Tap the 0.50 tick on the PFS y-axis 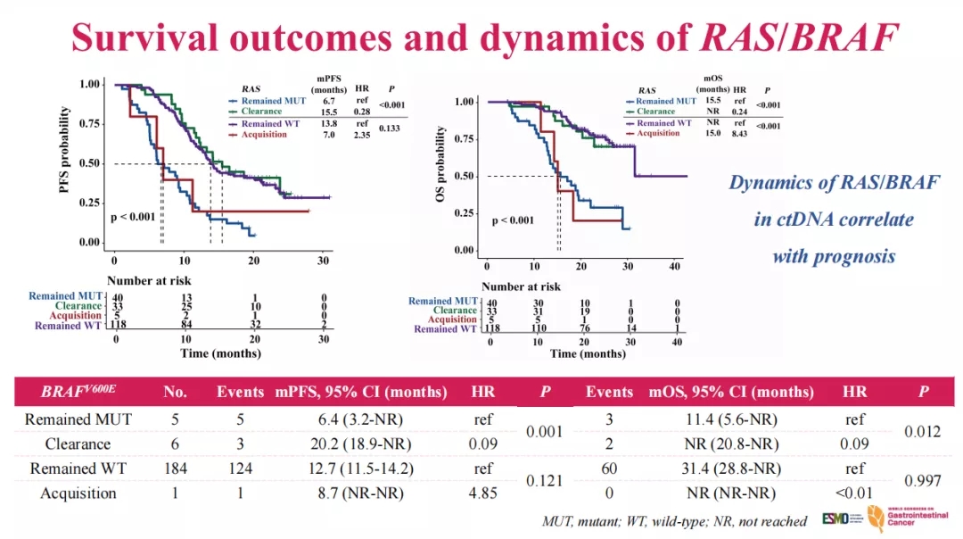(x=89, y=163)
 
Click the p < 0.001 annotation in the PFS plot (x=132, y=217)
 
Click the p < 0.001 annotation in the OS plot (x=514, y=220)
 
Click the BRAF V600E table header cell (x=78, y=392)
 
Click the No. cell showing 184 (x=175, y=469)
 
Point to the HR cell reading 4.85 (x=482, y=493)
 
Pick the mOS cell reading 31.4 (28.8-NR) (x=730, y=469)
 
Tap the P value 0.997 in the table (x=924, y=480)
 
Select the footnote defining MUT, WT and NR (x=673, y=521)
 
